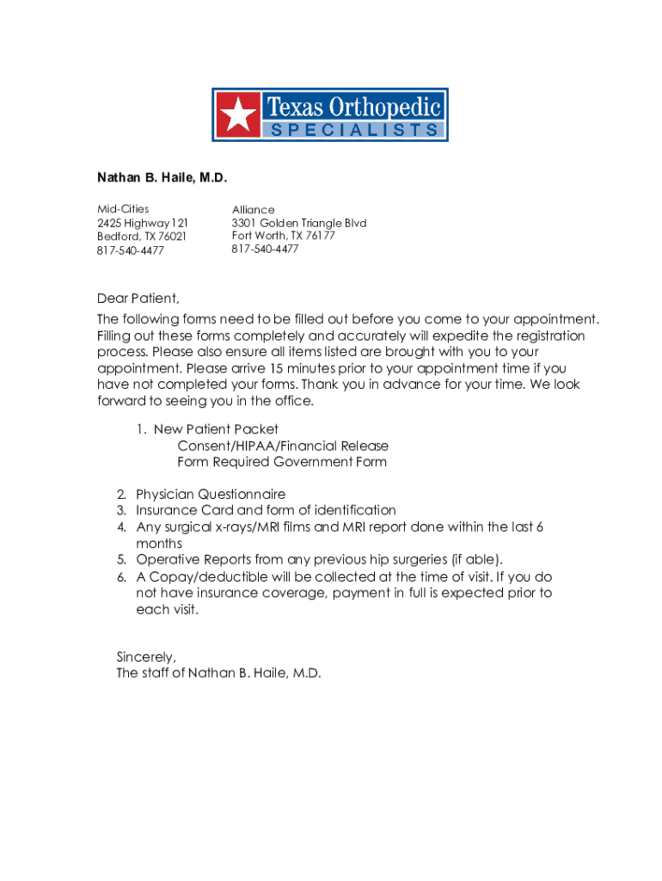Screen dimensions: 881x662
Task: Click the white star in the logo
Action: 237,114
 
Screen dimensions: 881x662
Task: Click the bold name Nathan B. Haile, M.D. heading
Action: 162,178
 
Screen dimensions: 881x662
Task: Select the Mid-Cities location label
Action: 122,208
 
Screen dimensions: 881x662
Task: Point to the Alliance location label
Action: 254,210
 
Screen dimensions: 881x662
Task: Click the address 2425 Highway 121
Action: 142,222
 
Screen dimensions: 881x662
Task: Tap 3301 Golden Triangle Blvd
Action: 299,223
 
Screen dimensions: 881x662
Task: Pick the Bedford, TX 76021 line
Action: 141,236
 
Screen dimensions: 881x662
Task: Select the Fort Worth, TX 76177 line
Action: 283,236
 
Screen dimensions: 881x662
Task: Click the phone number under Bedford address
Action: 131,250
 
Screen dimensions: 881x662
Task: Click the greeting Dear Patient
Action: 138,299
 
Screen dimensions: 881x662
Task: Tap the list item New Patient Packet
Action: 216,429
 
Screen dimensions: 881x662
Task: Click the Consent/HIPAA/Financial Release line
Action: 283,446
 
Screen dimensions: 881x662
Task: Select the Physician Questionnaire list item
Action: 211,495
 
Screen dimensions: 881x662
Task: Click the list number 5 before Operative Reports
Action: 122,560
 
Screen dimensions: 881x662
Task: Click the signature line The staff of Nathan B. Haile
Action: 218,674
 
